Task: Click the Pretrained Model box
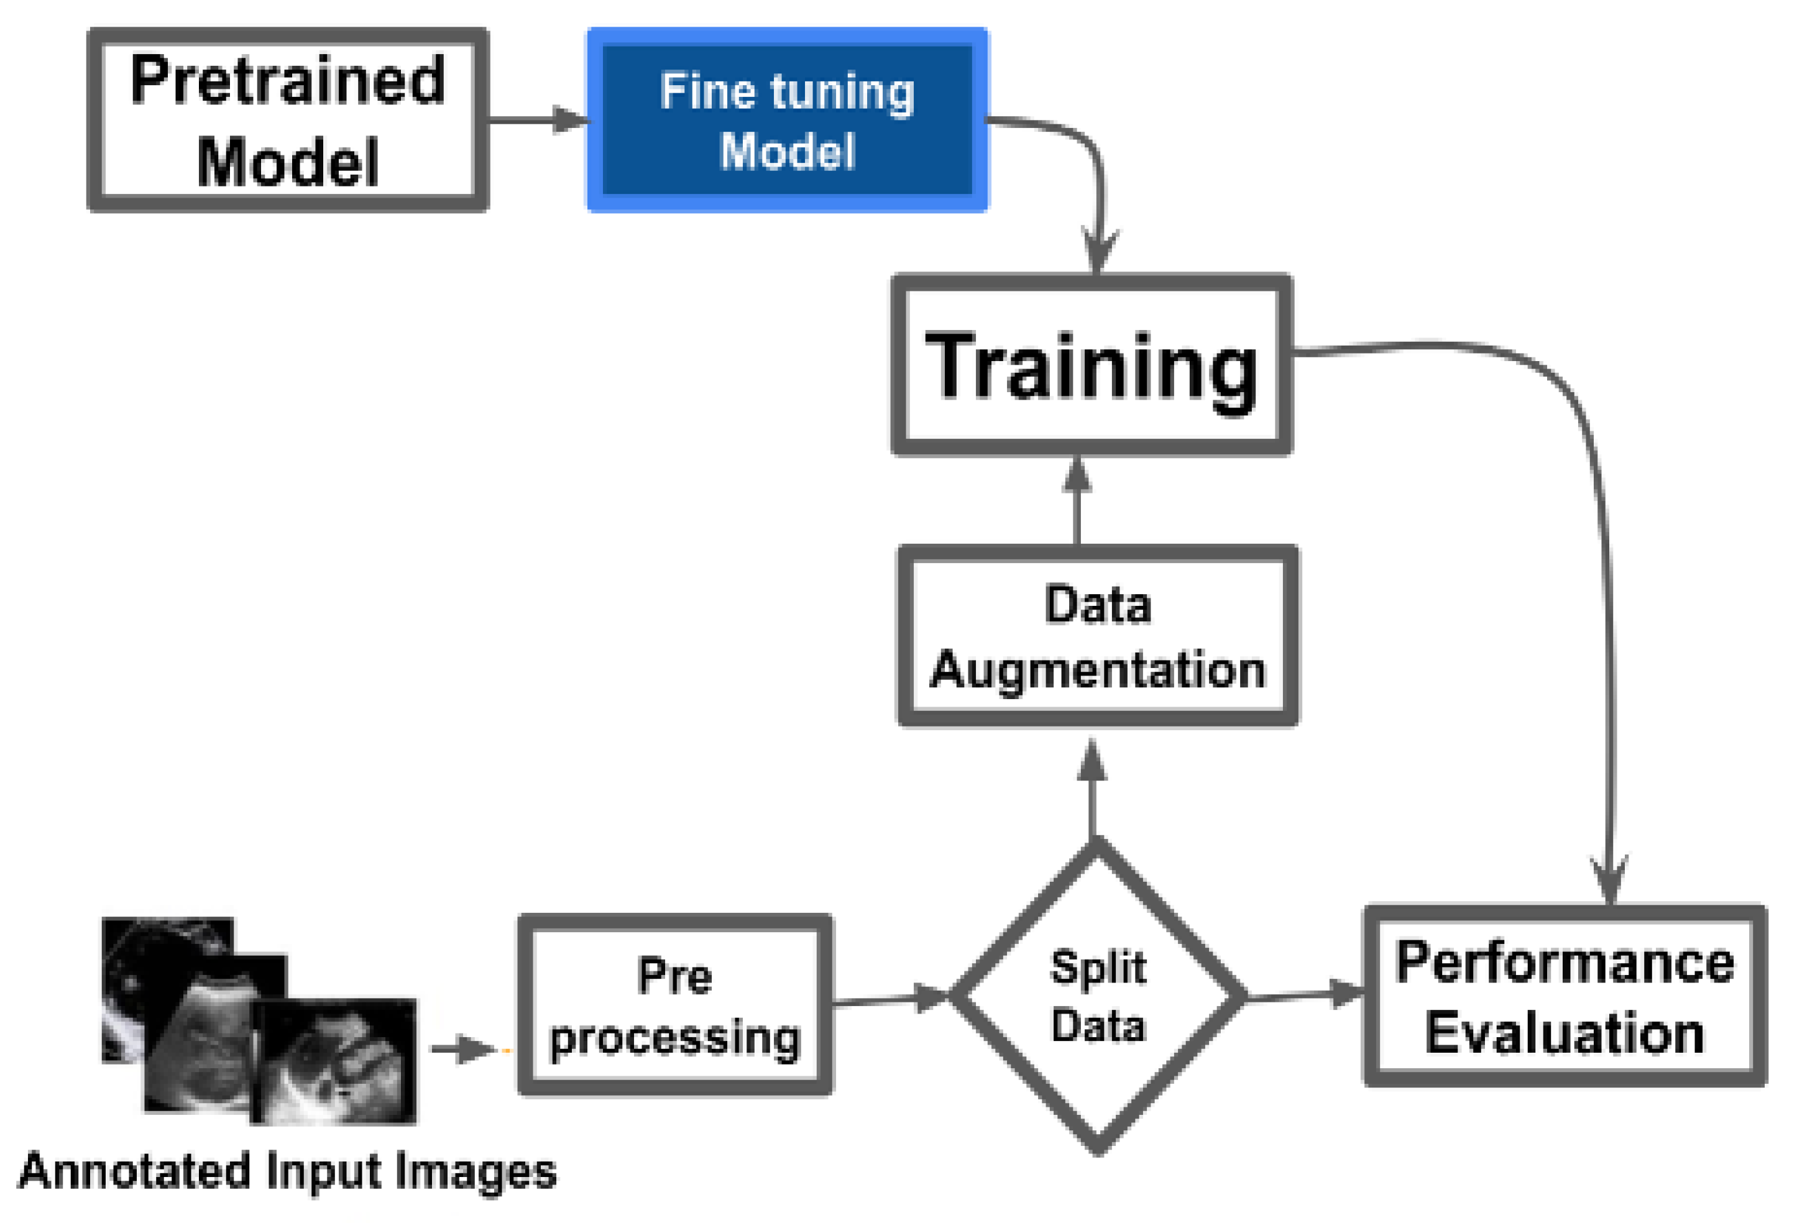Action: (288, 120)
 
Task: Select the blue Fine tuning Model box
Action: (787, 120)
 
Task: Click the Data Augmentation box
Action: (1097, 636)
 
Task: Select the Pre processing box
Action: (675, 1004)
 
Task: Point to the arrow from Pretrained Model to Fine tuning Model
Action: (538, 120)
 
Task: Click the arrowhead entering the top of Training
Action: (1098, 251)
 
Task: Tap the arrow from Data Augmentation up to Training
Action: (1077, 503)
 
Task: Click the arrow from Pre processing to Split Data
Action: (889, 999)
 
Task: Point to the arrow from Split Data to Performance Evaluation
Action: (1307, 995)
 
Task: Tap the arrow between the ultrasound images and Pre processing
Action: (464, 1049)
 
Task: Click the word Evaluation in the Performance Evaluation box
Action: (1565, 1033)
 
